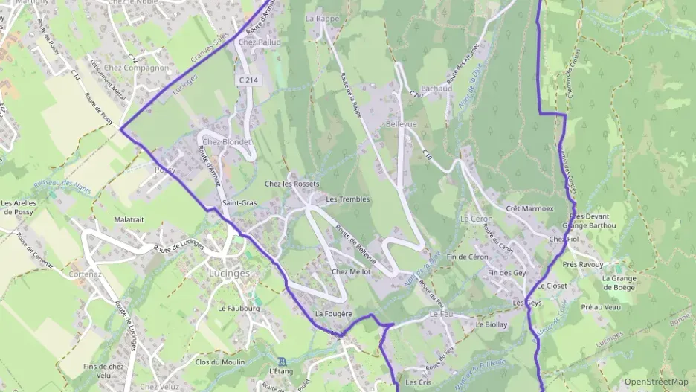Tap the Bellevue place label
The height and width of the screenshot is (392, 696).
click(x=402, y=124)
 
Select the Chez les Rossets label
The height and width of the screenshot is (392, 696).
click(x=291, y=184)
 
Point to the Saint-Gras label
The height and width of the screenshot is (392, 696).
click(x=239, y=203)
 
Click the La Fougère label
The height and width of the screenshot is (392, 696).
click(x=334, y=314)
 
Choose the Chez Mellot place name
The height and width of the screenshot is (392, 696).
click(x=351, y=271)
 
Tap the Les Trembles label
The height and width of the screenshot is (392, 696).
click(x=348, y=199)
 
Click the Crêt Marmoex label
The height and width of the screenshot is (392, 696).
click(x=530, y=209)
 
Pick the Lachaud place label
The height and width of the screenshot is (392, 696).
click(x=435, y=88)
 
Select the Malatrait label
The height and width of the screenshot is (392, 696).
click(x=129, y=220)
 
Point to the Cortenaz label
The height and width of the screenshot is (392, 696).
click(x=85, y=274)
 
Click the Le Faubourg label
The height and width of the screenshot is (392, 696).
click(x=237, y=307)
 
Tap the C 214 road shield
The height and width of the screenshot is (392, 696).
click(x=248, y=79)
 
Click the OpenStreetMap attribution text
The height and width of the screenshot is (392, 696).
click(x=656, y=382)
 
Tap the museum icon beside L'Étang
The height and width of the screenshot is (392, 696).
click(x=280, y=360)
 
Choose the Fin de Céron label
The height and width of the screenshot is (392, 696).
click(x=467, y=257)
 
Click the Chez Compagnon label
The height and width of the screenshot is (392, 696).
click(x=137, y=68)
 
